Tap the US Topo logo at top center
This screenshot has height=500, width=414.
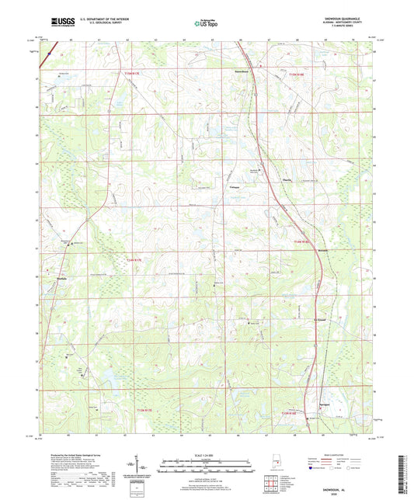[206, 24]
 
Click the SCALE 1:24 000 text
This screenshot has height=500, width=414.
[207, 455]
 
